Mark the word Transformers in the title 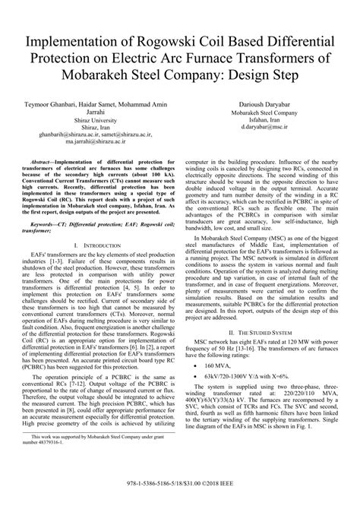(271, 56)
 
